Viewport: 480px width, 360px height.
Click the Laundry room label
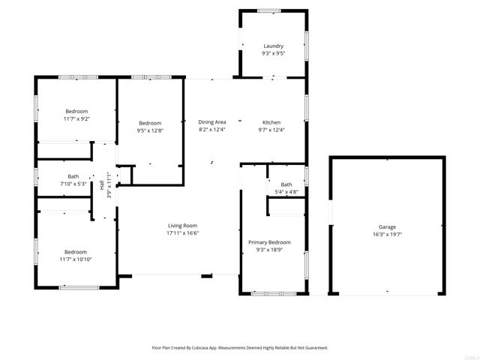(273, 46)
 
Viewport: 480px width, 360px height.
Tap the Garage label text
(387, 226)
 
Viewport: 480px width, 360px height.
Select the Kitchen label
(271, 122)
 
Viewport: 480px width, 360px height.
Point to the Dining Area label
(212, 122)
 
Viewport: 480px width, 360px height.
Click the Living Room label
(182, 226)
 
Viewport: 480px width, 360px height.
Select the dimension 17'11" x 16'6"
(182, 233)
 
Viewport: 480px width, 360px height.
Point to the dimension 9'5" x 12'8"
(150, 130)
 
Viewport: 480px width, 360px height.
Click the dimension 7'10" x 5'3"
(73, 184)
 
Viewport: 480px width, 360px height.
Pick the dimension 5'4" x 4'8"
(286, 192)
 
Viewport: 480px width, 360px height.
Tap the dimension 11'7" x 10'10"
(75, 259)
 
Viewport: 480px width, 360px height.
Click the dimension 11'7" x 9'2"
(76, 118)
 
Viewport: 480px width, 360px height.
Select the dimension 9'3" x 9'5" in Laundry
(273, 53)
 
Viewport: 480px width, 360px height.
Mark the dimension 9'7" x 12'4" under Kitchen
(271, 130)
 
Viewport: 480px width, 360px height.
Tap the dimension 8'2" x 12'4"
(212, 130)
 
